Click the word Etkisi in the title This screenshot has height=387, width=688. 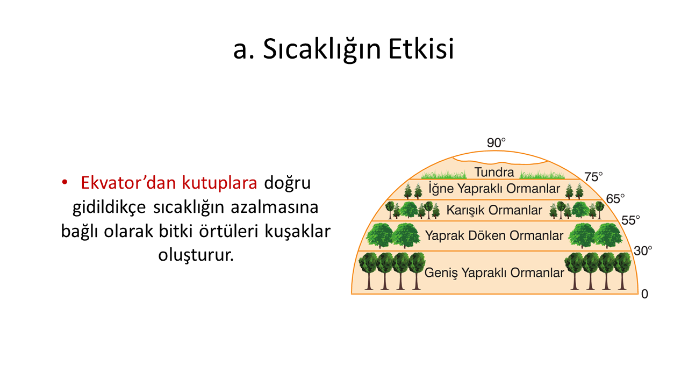pos(421,49)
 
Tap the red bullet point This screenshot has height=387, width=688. pos(64,182)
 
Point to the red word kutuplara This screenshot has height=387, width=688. pos(219,183)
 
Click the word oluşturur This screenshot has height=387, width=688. pos(196,255)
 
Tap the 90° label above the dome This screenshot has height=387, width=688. pos(496,143)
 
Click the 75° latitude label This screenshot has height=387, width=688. pos(593,177)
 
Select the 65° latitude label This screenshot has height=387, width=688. pos(615,199)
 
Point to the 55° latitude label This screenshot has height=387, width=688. pos(630,220)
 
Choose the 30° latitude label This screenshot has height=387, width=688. pos(643,251)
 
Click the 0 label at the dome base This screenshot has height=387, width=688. pos(644,294)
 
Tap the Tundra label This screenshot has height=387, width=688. pos(494,172)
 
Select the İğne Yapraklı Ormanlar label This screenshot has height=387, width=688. pos(494,189)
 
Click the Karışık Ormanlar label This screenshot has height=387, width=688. pos(494,210)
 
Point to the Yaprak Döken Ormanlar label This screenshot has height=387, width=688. pos(494,235)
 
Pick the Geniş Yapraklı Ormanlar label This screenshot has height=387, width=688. pos(494,273)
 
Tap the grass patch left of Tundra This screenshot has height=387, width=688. pos(444,175)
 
